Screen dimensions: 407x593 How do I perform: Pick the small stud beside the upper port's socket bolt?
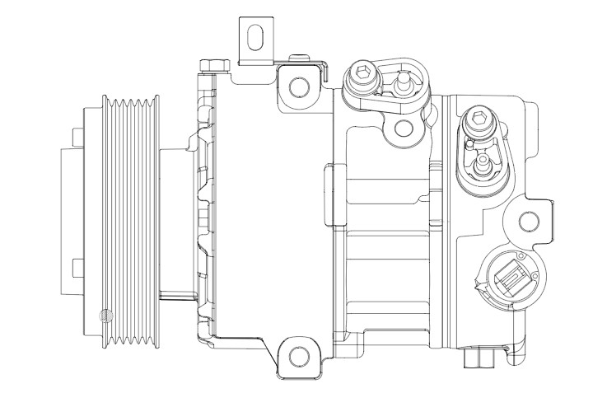tap(404, 82)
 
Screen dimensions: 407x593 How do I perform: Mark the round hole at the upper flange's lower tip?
tap(403, 128)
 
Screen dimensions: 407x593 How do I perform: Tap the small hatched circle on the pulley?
tap(105, 316)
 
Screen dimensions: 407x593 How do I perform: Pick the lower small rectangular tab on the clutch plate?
tap(77, 268)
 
